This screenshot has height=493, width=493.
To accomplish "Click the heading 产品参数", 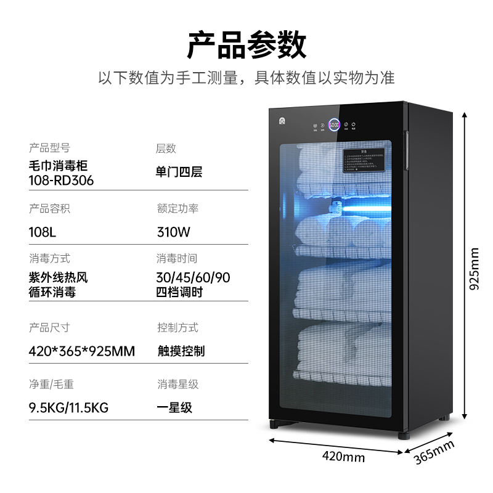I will point(246,45).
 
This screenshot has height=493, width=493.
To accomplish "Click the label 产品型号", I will point(49,149).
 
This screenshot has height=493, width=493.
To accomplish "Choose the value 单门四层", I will point(179,172).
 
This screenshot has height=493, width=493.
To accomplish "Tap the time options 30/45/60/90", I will point(193,278).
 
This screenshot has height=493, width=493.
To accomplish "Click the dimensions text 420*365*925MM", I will point(81,351).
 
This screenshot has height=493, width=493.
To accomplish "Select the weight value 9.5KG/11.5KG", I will point(68,407).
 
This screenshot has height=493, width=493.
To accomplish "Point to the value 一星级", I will point(174,407).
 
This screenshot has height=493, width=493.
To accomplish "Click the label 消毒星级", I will point(177,385).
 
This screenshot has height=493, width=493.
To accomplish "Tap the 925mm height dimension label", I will point(473,269).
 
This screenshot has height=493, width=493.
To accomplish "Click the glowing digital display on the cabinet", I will point(335,126).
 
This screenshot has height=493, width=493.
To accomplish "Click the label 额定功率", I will point(177,209).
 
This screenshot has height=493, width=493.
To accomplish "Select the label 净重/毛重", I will point(51,385).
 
